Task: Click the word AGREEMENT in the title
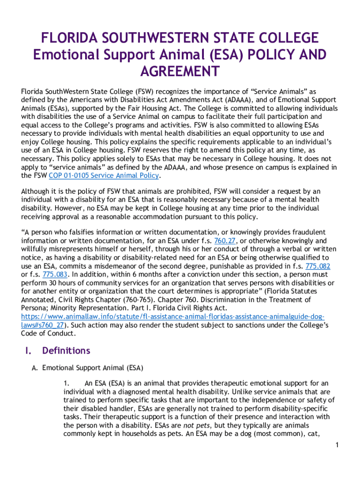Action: coord(180,72)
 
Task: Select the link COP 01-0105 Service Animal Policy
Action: coord(104,176)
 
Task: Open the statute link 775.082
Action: coord(317,266)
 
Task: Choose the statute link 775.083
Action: coord(55,274)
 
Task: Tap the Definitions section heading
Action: coord(66,350)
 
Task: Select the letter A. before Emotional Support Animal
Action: coord(34,368)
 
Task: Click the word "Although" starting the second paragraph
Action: coord(36,191)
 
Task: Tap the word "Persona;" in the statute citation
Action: coord(35,308)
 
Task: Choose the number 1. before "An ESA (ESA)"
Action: coord(67,384)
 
